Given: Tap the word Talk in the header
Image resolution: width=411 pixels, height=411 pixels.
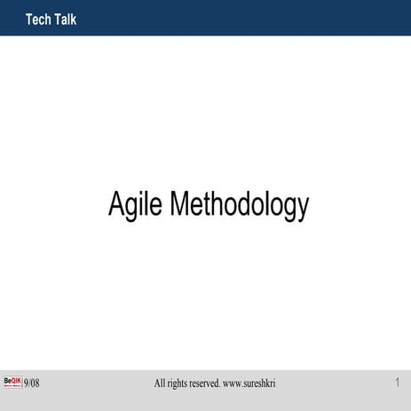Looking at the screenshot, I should click(x=65, y=20).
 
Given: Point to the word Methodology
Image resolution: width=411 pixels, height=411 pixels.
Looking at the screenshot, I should click(x=239, y=206).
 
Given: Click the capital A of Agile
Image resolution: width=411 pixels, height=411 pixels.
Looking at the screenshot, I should click(x=115, y=204).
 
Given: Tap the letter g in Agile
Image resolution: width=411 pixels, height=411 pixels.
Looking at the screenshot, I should click(x=130, y=208).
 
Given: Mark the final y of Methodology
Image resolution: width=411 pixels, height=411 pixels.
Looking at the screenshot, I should click(x=303, y=209).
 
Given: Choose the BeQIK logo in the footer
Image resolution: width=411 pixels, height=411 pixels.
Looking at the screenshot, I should click(x=12, y=382).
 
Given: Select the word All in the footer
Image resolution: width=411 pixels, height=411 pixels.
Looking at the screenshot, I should click(x=161, y=383).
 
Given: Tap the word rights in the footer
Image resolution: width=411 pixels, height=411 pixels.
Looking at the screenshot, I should click(x=182, y=383).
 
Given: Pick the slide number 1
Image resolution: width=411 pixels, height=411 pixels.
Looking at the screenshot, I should click(x=397, y=383).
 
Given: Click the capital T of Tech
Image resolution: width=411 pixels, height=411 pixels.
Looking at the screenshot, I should click(x=30, y=20).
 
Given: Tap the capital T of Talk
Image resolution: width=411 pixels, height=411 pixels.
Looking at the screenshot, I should click(x=56, y=20).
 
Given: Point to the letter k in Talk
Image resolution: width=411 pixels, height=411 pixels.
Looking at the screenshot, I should click(x=73, y=20).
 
